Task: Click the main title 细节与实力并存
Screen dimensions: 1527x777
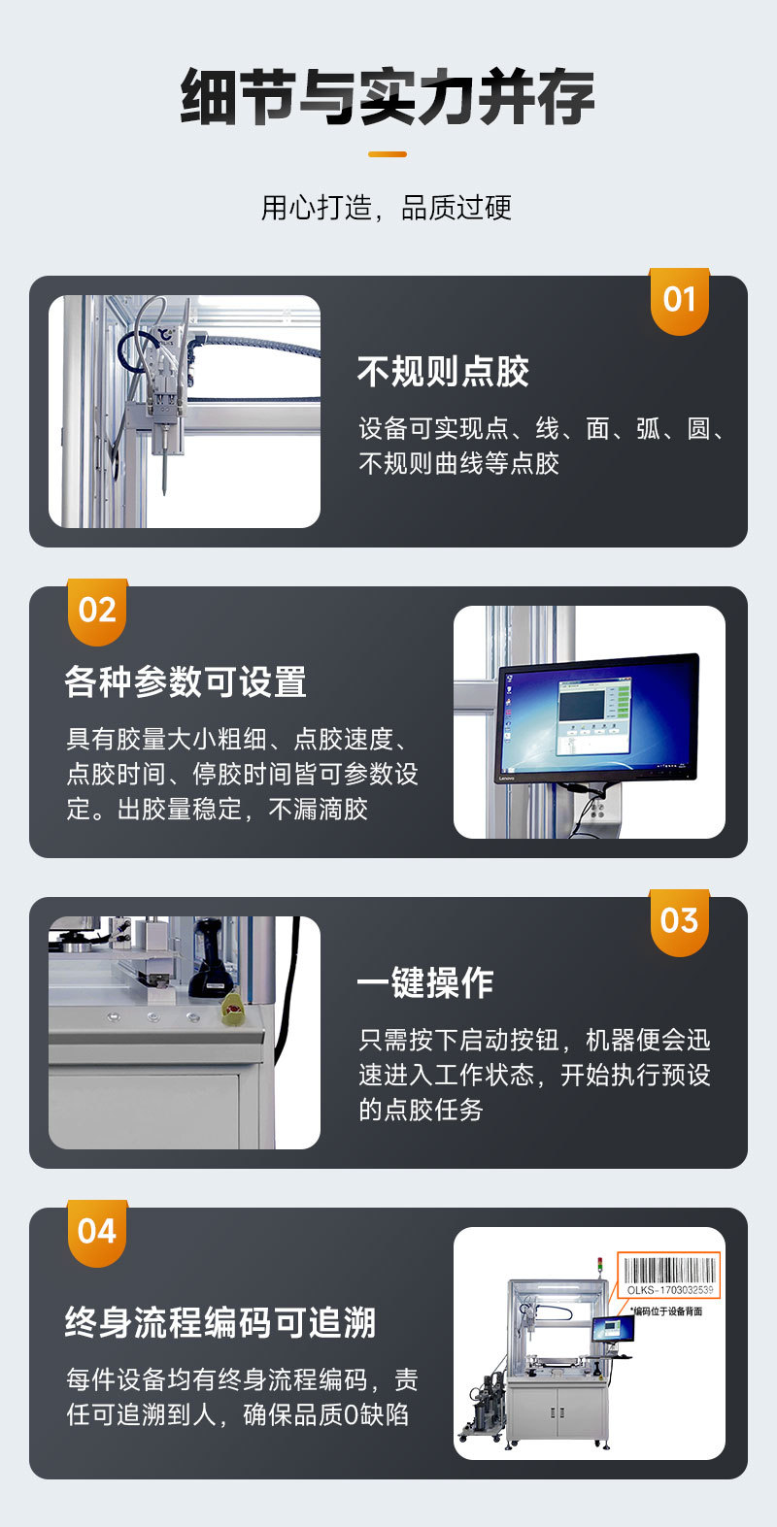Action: (x=388, y=97)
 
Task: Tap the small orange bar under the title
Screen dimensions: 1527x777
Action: (x=388, y=153)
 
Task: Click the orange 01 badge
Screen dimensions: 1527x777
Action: (x=679, y=300)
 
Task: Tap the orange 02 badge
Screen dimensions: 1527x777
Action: (x=97, y=611)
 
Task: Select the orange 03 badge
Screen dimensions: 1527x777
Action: (x=679, y=921)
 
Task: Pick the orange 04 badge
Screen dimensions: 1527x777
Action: (x=97, y=1232)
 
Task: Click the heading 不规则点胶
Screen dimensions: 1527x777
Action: (x=443, y=372)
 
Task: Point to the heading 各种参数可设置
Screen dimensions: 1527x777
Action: (x=186, y=682)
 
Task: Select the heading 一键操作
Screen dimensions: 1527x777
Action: (x=425, y=983)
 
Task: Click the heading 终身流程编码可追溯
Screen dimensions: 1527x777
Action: (x=220, y=1323)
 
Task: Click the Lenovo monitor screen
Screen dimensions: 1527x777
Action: (x=594, y=714)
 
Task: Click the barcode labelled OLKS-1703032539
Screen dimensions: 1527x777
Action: (x=669, y=1273)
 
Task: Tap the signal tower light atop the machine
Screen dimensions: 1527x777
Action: (x=599, y=1265)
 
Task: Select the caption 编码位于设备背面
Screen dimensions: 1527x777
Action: (x=666, y=1311)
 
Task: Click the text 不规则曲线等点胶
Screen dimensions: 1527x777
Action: (x=458, y=463)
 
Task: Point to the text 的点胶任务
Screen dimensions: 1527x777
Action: (x=421, y=1110)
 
